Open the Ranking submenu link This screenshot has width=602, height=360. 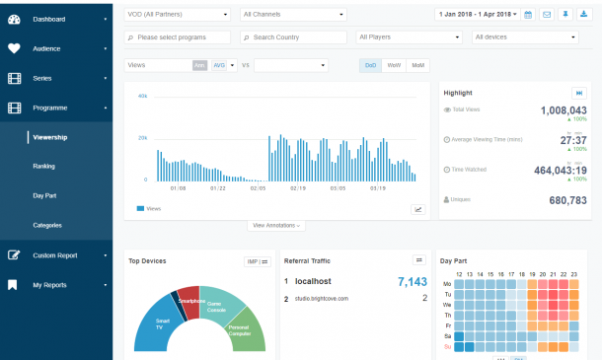click(43, 167)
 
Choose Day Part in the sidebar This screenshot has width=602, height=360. click(45, 196)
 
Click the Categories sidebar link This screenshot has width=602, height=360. click(47, 226)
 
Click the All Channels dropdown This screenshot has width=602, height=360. click(293, 15)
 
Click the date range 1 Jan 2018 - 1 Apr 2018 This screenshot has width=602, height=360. click(477, 15)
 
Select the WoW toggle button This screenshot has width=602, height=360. click(394, 65)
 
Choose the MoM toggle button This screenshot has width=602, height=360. click(417, 65)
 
